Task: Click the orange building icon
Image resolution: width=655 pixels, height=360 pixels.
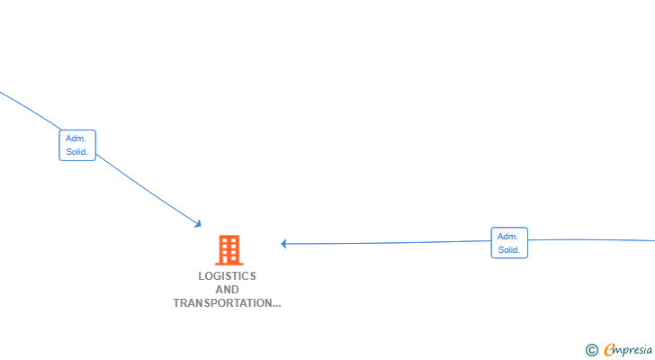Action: click(229, 249)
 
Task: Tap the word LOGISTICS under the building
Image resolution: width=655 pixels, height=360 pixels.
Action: click(227, 276)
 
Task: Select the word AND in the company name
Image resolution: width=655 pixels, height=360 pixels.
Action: click(227, 290)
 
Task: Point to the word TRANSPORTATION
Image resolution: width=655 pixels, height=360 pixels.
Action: click(221, 303)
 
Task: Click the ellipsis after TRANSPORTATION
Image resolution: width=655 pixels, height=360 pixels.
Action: click(275, 304)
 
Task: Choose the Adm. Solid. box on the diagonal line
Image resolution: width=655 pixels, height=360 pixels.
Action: click(77, 146)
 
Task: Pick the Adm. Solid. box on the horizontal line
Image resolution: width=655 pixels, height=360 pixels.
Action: click(509, 243)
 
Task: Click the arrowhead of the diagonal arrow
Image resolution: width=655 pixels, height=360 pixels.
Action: click(198, 223)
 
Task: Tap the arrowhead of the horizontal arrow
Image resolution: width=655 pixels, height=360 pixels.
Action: click(283, 243)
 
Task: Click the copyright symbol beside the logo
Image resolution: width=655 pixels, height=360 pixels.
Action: click(591, 350)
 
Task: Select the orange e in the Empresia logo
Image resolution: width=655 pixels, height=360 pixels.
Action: click(609, 349)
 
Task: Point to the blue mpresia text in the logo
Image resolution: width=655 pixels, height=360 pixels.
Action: click(633, 350)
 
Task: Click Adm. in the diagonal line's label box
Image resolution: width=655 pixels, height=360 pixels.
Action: click(76, 139)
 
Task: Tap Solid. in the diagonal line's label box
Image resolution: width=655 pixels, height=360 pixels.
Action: click(77, 152)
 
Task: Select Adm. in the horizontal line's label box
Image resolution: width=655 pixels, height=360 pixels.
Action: click(508, 236)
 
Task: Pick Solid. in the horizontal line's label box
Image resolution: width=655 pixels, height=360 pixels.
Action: click(509, 250)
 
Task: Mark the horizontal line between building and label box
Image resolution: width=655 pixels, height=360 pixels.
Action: click(387, 242)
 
